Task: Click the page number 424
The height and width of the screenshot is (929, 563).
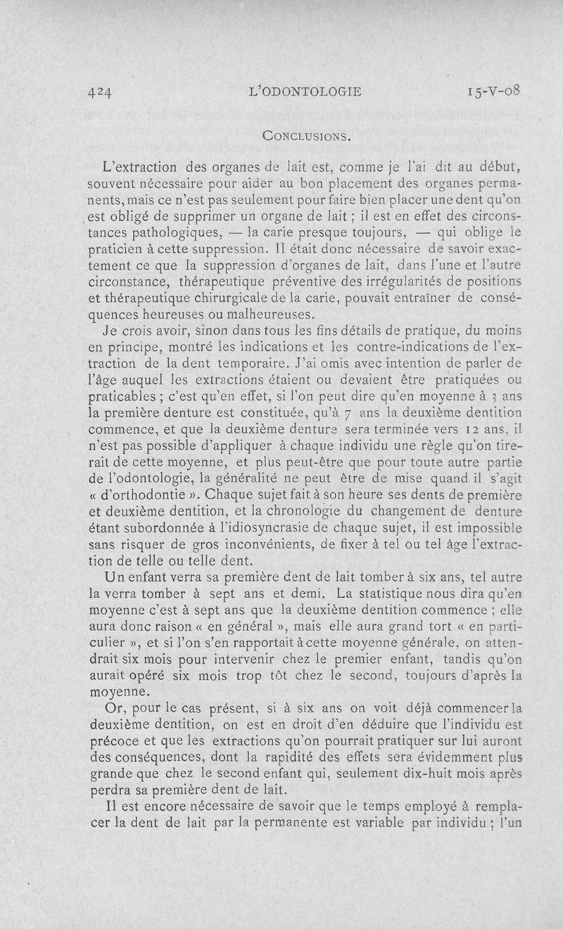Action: click(101, 91)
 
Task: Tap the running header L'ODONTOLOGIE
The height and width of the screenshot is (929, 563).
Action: click(310, 91)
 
